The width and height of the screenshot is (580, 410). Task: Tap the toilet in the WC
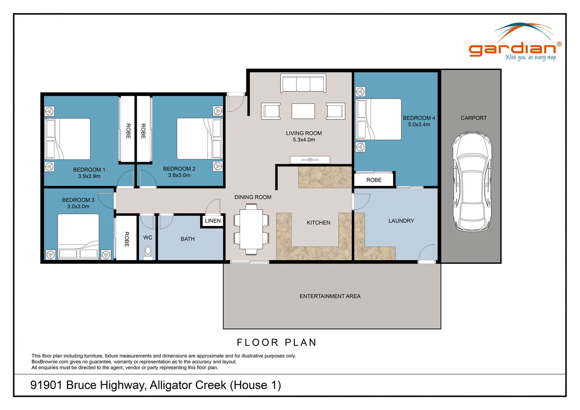click(x=148, y=252)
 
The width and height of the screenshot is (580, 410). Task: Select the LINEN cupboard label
click(x=213, y=221)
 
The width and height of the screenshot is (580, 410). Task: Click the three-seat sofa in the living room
click(x=303, y=83)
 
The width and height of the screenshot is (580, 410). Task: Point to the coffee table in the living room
click(x=303, y=111)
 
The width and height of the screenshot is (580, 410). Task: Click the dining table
click(x=251, y=229)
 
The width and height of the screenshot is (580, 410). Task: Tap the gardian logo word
click(x=512, y=49)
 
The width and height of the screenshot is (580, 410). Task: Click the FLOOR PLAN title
click(x=277, y=342)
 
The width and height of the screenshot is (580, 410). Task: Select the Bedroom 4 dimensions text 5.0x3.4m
click(x=419, y=125)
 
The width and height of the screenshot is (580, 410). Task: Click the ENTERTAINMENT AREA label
click(x=330, y=296)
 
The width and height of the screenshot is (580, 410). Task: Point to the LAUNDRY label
click(x=401, y=221)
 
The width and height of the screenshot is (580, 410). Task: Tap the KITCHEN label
click(x=318, y=223)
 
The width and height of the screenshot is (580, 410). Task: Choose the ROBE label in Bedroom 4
click(x=374, y=180)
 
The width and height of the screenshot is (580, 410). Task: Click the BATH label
click(x=188, y=239)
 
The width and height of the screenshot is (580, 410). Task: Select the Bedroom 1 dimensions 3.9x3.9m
click(x=89, y=176)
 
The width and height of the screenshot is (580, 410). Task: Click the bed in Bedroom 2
click(x=199, y=139)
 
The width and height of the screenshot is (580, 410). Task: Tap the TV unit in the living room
click(x=310, y=160)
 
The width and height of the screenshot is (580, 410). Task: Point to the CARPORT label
click(x=473, y=118)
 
